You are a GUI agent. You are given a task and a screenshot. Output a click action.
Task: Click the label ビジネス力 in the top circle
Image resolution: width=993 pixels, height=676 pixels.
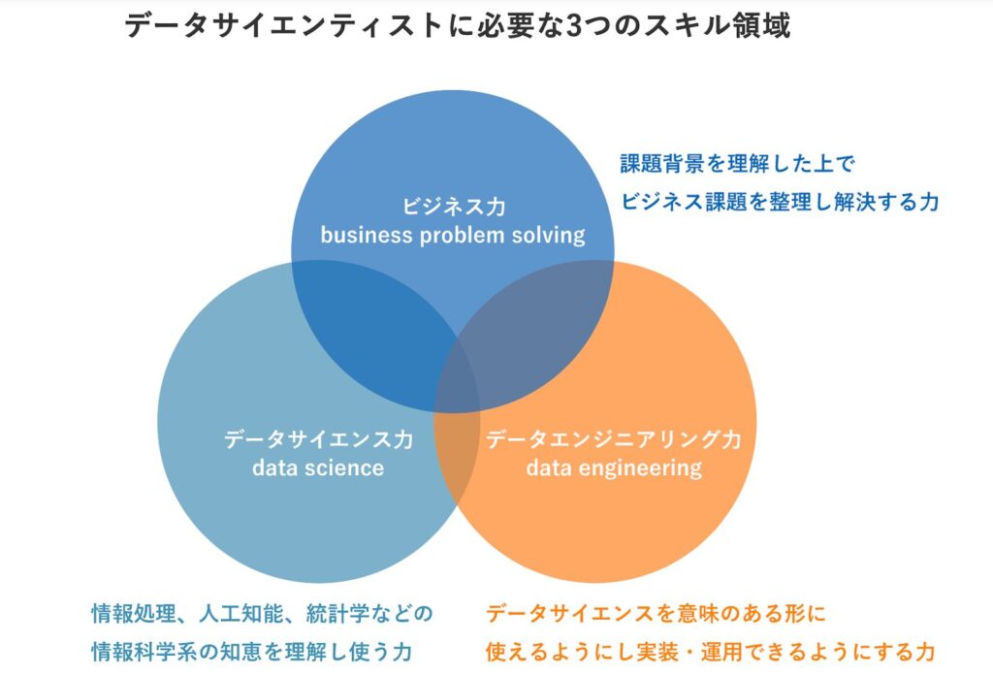[x=453, y=206]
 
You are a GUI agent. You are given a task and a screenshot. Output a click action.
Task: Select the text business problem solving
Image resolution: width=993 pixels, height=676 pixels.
[x=453, y=235]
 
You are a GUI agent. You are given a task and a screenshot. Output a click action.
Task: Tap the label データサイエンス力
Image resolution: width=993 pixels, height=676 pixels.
[x=318, y=439]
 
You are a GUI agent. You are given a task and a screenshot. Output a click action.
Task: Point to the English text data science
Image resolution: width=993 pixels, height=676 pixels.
[x=318, y=468]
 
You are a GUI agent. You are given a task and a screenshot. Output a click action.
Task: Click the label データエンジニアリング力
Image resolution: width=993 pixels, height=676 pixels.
[x=613, y=439]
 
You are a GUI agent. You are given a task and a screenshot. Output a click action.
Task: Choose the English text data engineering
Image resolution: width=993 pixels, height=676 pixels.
[x=613, y=468]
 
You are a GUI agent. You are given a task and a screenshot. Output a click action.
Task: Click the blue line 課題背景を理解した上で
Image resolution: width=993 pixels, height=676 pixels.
[x=737, y=163]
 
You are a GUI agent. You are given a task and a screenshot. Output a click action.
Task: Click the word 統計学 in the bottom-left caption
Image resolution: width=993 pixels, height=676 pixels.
[x=333, y=613]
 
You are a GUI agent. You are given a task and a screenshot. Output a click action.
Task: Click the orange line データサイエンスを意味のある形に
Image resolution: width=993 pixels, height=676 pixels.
[x=656, y=613]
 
